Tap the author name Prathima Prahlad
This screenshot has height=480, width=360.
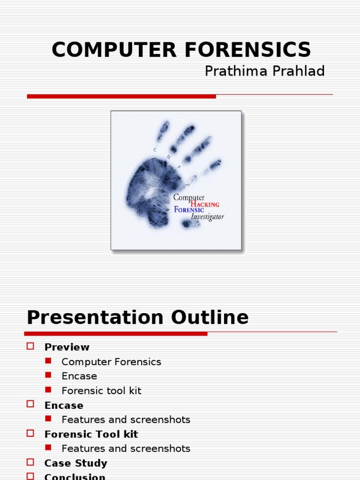[x=264, y=71]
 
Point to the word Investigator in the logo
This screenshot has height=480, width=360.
[x=207, y=217]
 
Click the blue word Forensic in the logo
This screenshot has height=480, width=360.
[x=189, y=210]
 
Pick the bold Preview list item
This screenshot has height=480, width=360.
[x=67, y=347]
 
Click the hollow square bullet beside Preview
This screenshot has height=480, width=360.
[x=31, y=346]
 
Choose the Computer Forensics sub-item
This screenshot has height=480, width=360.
[x=111, y=362]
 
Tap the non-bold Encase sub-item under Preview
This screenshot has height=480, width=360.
[x=79, y=376]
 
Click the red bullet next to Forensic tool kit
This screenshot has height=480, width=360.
[x=48, y=390]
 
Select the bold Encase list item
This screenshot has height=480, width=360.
[x=64, y=405]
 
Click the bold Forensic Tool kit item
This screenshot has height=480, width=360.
[x=91, y=434]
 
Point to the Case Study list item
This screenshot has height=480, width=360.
[x=75, y=463]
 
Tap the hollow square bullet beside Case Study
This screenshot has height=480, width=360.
[x=31, y=463]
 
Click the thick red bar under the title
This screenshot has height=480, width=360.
[x=121, y=96]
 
